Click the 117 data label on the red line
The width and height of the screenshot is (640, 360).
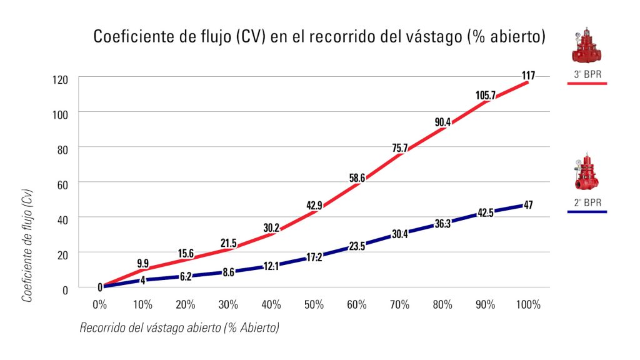(528, 76)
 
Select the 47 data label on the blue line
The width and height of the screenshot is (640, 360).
(528, 205)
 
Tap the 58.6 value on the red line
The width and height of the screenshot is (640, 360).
(357, 178)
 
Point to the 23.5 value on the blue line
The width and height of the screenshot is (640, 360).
(357, 246)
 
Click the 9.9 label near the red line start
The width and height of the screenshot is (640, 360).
(142, 263)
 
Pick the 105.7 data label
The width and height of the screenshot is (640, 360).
(485, 95)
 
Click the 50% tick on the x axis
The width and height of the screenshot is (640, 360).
(314, 305)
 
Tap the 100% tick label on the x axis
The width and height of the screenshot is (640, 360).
(528, 305)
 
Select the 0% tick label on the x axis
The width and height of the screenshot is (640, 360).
(99, 305)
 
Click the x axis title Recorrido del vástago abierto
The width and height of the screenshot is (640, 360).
(179, 327)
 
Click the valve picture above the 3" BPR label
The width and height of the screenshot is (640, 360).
(586, 46)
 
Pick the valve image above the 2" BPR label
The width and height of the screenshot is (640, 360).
(586, 172)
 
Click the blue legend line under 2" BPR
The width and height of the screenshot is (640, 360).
(586, 212)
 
